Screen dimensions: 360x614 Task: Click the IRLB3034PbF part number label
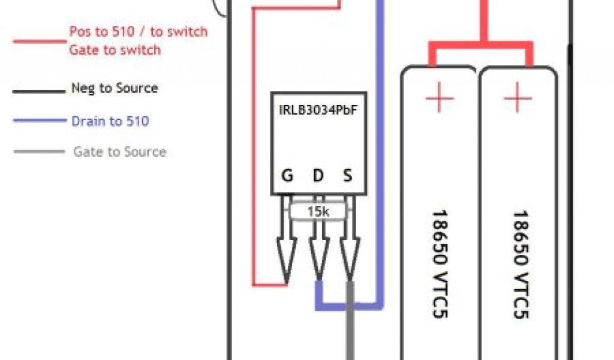(314, 110)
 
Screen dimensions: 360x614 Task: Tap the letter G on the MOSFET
(287, 176)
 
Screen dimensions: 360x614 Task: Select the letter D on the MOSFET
(318, 176)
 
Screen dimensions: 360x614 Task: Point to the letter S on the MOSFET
(347, 176)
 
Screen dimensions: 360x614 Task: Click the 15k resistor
(317, 211)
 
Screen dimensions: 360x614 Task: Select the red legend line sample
(39, 41)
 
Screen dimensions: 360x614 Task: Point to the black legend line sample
(39, 91)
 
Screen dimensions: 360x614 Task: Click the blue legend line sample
(39, 121)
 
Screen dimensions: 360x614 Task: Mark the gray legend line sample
(39, 151)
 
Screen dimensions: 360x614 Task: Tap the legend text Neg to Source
(115, 88)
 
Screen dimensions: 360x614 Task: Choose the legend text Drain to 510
(110, 121)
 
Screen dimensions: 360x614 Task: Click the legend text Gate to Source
(119, 152)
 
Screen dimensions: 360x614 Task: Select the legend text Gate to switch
(115, 50)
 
